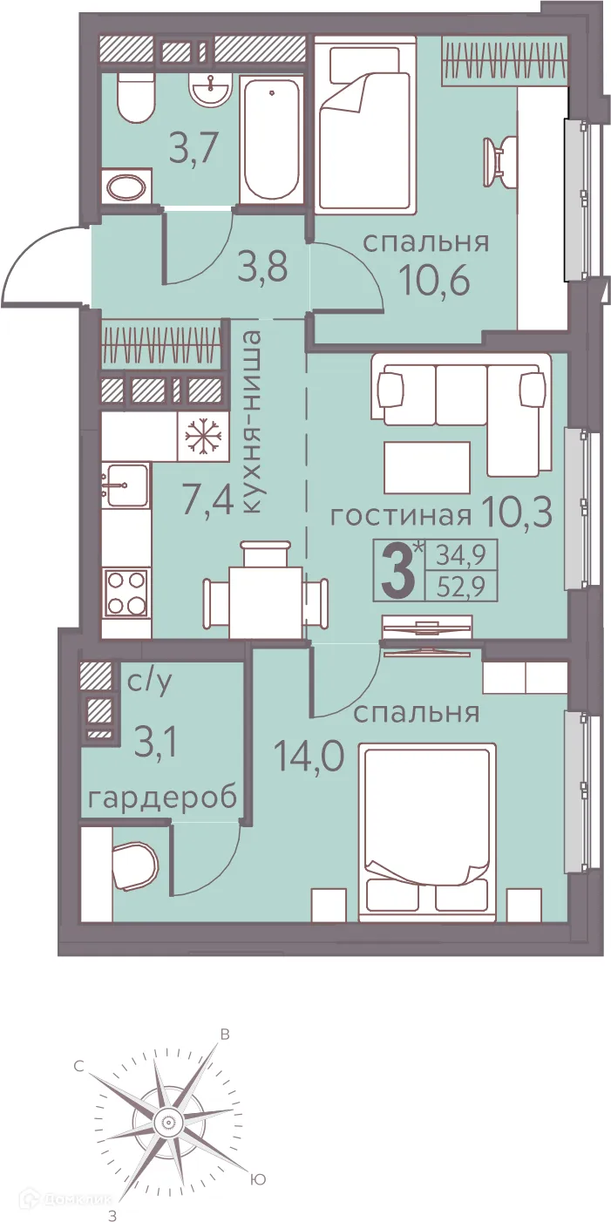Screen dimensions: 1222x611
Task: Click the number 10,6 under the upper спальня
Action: click(x=435, y=280)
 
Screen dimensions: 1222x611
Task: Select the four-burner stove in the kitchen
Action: click(x=126, y=592)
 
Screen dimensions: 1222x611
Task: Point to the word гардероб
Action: click(x=163, y=798)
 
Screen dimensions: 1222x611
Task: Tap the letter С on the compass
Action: click(x=78, y=1065)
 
